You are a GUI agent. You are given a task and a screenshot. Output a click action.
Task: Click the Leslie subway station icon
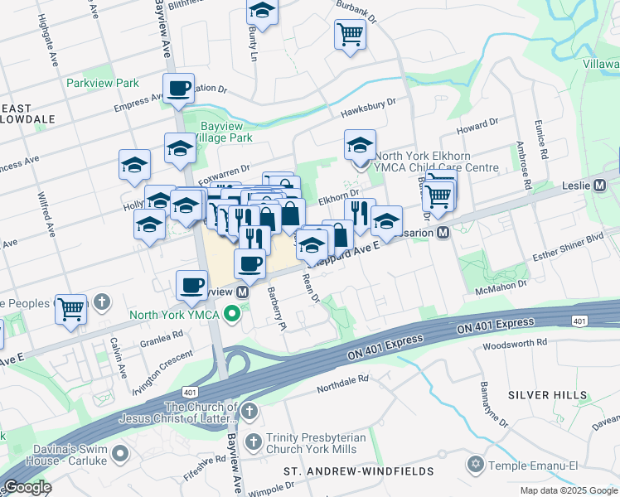tap(600, 186)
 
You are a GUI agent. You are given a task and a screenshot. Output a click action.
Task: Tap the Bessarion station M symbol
tap(443, 234)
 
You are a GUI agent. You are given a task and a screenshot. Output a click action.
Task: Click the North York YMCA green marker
tap(233, 314)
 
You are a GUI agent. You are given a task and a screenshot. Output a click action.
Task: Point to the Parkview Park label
tap(103, 84)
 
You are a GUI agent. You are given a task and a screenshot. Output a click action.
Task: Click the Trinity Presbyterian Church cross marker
tap(252, 438)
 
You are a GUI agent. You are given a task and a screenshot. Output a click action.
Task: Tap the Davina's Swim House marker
tap(121, 453)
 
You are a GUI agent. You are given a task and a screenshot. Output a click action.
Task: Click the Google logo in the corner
tap(27, 487)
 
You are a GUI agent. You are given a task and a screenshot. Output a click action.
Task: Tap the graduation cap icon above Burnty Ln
tap(262, 12)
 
